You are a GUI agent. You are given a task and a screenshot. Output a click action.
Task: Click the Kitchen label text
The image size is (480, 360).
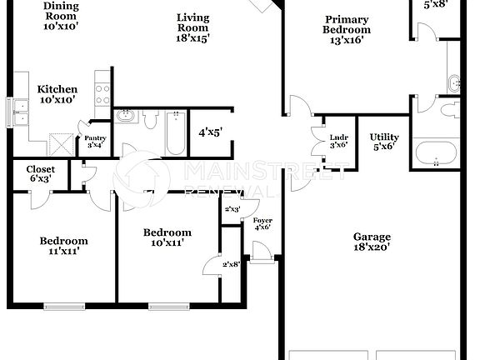pyautogui.click(x=57, y=94)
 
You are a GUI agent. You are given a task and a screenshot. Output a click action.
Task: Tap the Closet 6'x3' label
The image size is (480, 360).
pyautogui.click(x=42, y=174)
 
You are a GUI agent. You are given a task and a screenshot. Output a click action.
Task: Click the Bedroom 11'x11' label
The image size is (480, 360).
pyautogui.click(x=63, y=246)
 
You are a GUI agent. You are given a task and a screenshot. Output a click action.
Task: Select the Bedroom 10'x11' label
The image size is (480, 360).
pyautogui.click(x=167, y=237)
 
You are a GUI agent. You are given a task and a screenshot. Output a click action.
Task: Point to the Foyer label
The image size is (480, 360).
pyautogui.click(x=262, y=223)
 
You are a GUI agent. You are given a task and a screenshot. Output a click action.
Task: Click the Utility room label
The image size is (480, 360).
pyautogui.click(x=384, y=142)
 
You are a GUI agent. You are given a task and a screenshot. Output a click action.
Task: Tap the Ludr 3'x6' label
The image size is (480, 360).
pyautogui.click(x=338, y=142)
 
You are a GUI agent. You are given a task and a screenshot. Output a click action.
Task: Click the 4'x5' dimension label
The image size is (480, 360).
pyautogui.click(x=210, y=132)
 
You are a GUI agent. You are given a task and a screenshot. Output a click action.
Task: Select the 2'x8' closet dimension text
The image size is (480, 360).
pyautogui.click(x=232, y=264)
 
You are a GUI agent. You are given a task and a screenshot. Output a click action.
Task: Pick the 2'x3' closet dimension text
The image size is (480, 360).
pyautogui.click(x=232, y=208)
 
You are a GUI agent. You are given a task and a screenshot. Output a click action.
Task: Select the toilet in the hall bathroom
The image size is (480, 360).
pyautogui.click(x=151, y=119)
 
